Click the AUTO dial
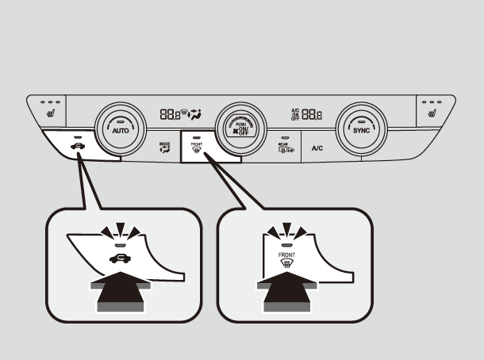point(119,128)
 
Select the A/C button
point(317,148)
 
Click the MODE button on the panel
point(164,147)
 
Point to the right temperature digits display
point(311,114)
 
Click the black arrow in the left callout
point(121,296)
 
